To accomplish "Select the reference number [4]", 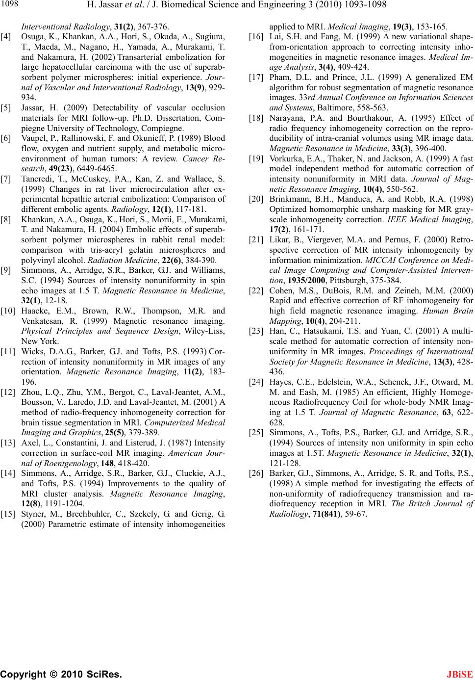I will click(7, 36).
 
